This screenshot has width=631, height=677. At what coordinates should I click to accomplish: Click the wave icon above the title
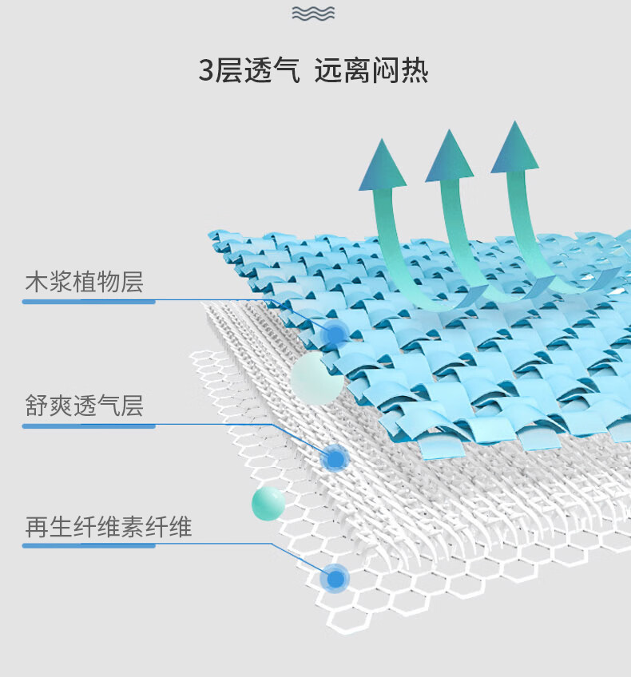pos(314,14)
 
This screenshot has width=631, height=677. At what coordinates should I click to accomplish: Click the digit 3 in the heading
pos(207,71)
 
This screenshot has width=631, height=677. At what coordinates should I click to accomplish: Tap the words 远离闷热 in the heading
pos(371,71)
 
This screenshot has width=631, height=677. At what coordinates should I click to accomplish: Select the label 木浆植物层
pos(85,282)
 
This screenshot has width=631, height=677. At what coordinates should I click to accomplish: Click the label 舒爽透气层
pos(85,406)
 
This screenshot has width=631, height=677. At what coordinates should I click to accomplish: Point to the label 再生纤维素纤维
pos(109,527)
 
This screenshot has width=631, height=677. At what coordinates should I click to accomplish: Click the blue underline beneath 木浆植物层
pos(89,302)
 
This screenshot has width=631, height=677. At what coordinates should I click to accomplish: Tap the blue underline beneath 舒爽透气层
pos(89,426)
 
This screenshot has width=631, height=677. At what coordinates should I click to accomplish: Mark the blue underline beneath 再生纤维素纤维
pos(89,546)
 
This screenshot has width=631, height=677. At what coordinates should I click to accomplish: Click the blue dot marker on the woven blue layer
pos(336,333)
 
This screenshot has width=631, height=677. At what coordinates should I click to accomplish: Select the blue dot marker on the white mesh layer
pos(335,458)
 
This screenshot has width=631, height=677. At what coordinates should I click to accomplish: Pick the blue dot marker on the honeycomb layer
pos(335,578)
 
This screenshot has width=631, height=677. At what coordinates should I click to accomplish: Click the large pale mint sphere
pos(316,378)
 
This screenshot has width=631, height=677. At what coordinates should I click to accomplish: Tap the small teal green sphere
pos(268,503)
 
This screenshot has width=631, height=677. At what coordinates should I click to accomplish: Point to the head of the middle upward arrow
pos(449,156)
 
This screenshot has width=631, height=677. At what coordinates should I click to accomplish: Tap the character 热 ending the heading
pos(415,71)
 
